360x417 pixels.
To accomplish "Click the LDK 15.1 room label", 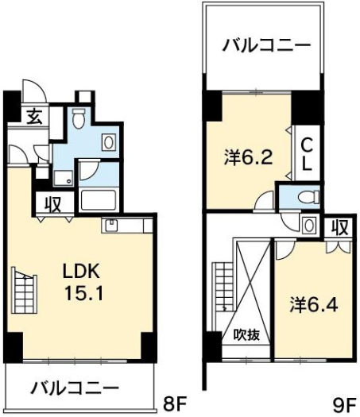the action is click(83, 282).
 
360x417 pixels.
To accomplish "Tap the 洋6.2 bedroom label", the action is click(248, 157).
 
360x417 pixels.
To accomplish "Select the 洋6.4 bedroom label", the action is click(314, 305).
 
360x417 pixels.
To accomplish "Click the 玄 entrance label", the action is click(35, 117).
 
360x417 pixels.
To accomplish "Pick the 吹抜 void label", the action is click(246, 335).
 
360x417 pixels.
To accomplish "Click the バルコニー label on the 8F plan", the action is click(75, 388).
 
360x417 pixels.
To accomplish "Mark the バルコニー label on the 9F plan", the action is click(267, 45).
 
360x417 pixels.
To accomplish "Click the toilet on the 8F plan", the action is click(78, 118).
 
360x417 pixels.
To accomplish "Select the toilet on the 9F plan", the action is click(308, 197).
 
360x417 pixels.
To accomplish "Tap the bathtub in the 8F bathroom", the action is click(99, 199).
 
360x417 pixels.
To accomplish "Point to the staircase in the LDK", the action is click(24, 290).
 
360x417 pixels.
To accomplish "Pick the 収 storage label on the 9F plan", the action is click(340, 228).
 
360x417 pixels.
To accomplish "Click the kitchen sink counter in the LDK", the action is click(127, 226).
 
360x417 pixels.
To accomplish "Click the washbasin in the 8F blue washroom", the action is click(109, 142).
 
